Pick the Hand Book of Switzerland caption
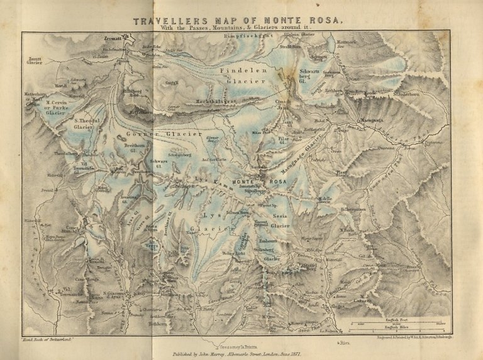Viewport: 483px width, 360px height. pos(50,339)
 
